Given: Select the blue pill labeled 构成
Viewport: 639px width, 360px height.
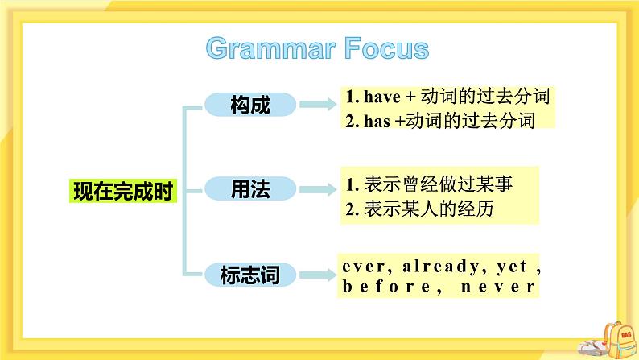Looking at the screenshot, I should [x=249, y=104].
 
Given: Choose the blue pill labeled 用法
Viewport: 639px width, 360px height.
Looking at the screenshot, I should [x=249, y=189].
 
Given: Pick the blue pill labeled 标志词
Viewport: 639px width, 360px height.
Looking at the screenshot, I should [x=249, y=275].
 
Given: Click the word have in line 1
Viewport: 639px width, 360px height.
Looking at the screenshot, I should [x=377, y=97].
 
